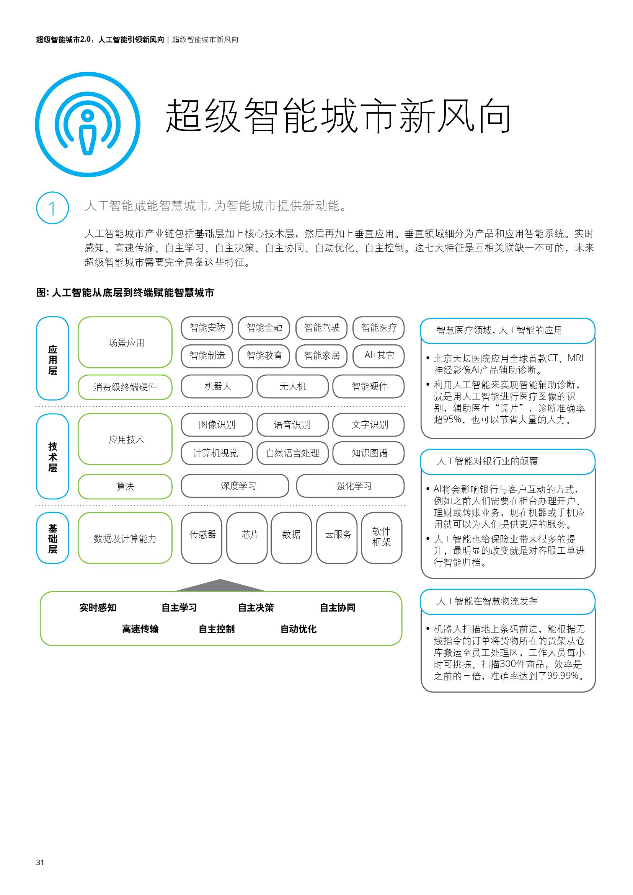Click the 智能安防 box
click(x=207, y=328)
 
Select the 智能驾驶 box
click(x=321, y=328)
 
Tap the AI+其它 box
click(x=378, y=355)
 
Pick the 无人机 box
click(x=293, y=386)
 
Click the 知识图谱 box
click(x=369, y=453)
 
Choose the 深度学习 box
click(x=235, y=486)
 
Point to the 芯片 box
click(x=247, y=538)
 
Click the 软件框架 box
click(x=382, y=538)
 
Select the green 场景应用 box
click(x=125, y=342)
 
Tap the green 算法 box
click(x=125, y=486)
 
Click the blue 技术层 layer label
click(x=52, y=456)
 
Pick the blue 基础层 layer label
click(x=52, y=538)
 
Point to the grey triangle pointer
click(x=220, y=586)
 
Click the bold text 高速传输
click(x=140, y=629)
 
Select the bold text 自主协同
click(x=338, y=608)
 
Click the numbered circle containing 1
click(x=52, y=208)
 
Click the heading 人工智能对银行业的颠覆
click(x=487, y=461)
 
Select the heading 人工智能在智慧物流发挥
click(x=487, y=601)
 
